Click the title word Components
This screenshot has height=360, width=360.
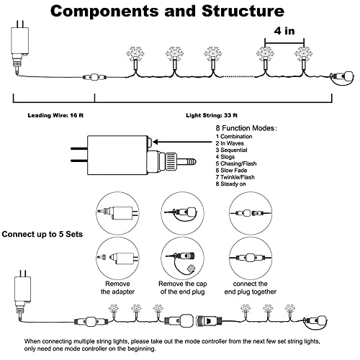pos(104,12)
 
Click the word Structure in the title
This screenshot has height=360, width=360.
pos(243,12)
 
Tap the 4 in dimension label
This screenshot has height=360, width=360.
pos(284,31)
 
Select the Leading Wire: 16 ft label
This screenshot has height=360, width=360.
pos(55,115)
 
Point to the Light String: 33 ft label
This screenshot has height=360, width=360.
pos(212,115)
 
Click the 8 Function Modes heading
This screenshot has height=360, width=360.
pos(246,128)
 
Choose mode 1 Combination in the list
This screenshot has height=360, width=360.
pos(234,137)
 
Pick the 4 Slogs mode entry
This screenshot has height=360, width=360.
pos(225,157)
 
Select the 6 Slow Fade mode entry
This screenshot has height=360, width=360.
pos(231,171)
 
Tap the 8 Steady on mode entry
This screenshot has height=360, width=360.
pos(230,184)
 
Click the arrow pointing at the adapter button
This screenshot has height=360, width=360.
pos(182,142)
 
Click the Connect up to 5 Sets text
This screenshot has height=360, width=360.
pos(42,234)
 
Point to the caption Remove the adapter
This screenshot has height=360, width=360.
pos(117,288)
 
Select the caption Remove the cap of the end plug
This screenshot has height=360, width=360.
pos(183,288)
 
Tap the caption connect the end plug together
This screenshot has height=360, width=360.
pos(251,288)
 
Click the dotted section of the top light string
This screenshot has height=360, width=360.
pos(239,76)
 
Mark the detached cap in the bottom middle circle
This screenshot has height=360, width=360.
pos(192,268)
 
